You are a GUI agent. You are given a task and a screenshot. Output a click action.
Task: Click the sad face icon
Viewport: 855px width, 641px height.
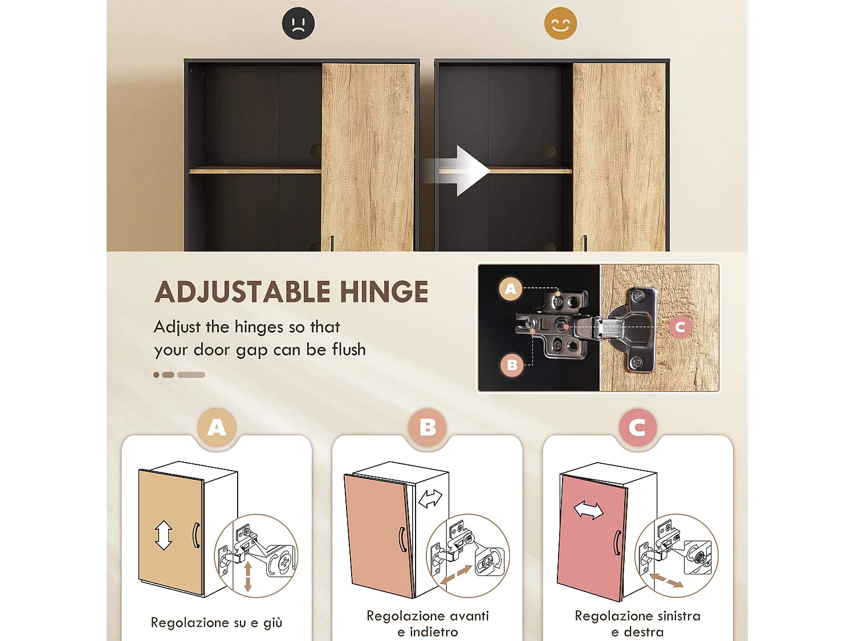pos(298,24)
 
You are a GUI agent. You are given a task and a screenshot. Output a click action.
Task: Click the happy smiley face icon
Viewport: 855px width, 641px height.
pos(560,24)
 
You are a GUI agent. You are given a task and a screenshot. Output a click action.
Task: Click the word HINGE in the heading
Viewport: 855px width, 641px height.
pos(384,292)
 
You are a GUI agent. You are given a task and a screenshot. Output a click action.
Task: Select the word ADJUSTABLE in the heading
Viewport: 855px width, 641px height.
pos(243,292)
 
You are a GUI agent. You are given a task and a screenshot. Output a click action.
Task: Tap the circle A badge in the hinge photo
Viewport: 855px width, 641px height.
pos(511,289)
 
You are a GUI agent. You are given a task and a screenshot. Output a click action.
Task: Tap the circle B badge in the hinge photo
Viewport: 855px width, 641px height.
pos(512,365)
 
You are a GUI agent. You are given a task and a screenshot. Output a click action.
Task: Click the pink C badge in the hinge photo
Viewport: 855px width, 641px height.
pos(679,327)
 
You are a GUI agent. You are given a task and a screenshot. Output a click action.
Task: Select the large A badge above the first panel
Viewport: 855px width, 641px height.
pos(217,427)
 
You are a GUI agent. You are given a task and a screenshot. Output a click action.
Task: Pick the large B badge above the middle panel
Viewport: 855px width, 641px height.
pos(427,427)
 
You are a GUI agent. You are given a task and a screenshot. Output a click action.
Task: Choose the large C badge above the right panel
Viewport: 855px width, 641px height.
pos(637,427)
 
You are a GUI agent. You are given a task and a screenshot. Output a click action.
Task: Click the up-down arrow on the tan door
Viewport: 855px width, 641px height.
pos(164,535)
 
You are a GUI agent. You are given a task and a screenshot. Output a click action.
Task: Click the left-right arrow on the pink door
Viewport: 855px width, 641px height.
pos(588,509)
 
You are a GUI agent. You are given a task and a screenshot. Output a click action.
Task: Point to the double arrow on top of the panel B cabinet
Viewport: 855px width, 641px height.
pos(430,499)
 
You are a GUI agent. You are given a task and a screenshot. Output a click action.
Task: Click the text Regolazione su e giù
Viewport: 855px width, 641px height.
pos(217,623)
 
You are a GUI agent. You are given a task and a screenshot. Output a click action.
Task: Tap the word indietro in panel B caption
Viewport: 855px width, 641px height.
pos(434,632)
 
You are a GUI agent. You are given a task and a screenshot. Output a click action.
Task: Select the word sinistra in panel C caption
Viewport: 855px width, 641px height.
pos(678,616)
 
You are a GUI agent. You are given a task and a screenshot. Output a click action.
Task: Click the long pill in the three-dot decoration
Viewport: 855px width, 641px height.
pos(191,375)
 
